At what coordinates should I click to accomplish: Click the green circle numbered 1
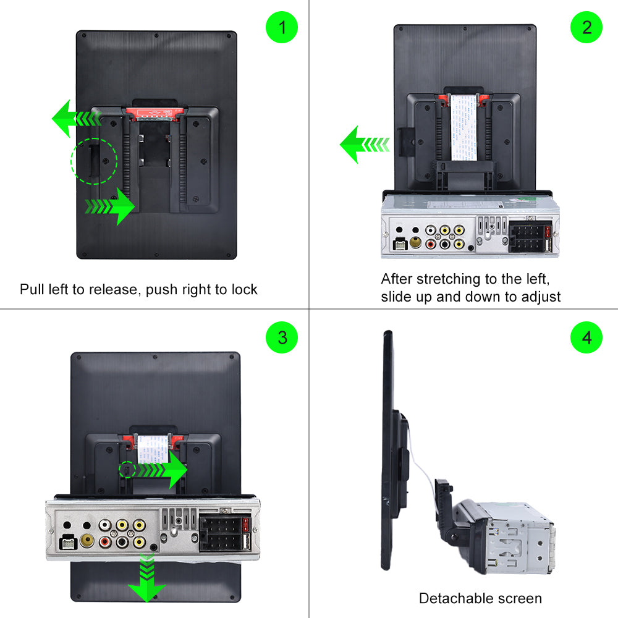(x=282, y=28)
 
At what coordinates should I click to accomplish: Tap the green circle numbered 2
(x=586, y=28)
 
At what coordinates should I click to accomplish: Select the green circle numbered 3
(x=282, y=337)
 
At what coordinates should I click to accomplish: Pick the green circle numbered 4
(x=586, y=337)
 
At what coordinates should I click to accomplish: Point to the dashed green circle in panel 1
(x=94, y=161)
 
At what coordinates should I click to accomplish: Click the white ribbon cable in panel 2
(x=463, y=127)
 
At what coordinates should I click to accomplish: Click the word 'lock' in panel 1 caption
(x=245, y=289)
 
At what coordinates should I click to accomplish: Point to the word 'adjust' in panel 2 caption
(x=538, y=297)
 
